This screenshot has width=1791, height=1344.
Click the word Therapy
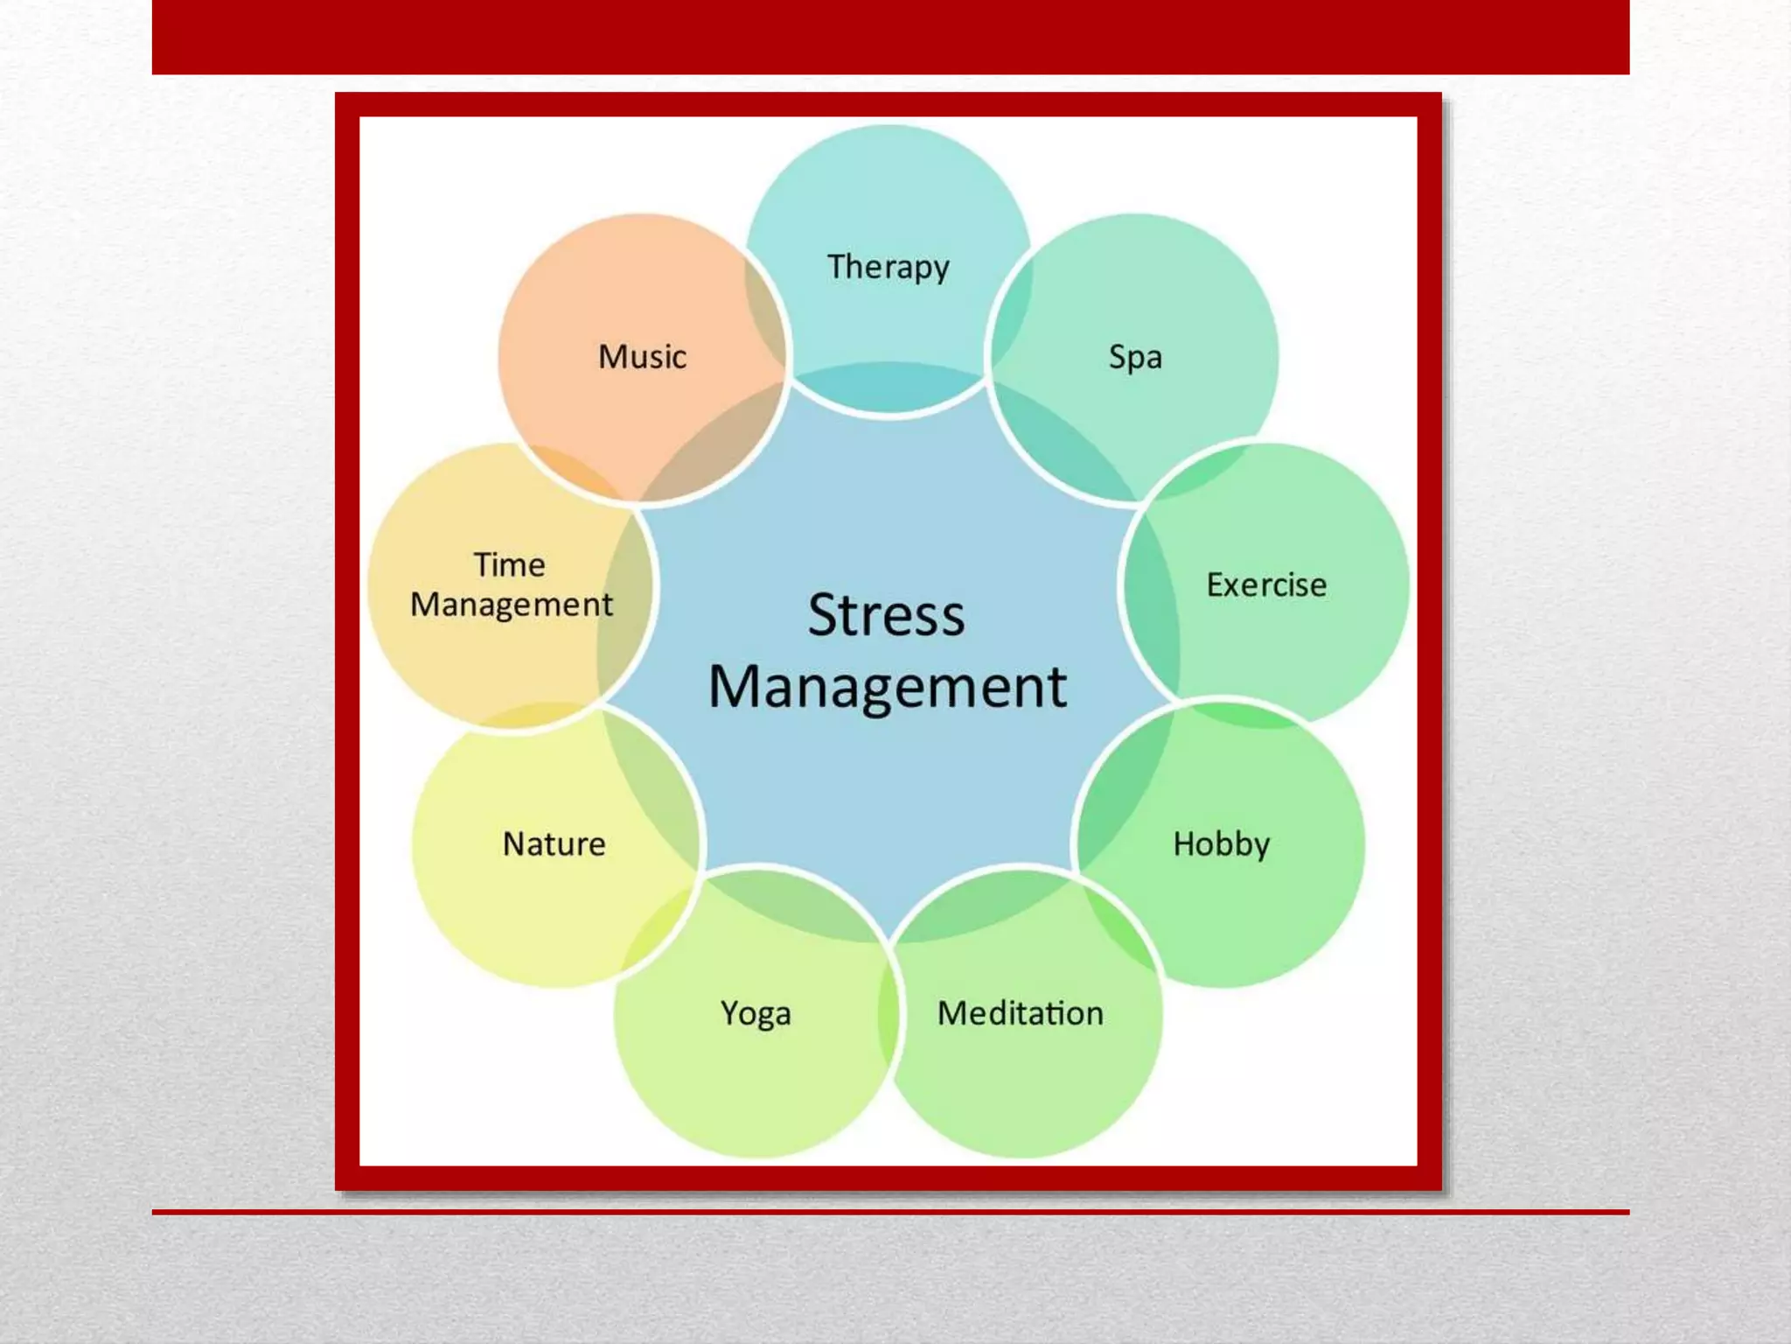(888, 267)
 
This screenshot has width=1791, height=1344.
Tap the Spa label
(1135, 357)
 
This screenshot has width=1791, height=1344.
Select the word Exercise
(1266, 584)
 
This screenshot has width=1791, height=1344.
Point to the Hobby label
(1221, 844)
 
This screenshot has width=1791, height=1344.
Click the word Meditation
(1021, 1013)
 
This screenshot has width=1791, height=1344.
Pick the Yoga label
(756, 1013)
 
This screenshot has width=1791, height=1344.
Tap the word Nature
(554, 844)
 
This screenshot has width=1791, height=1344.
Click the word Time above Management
(510, 565)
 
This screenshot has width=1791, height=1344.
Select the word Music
(642, 357)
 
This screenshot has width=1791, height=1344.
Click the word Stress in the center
(887, 614)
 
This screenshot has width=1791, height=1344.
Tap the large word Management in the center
(887, 687)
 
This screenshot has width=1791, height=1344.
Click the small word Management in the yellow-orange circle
(512, 605)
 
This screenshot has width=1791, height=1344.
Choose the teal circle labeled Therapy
(888, 192)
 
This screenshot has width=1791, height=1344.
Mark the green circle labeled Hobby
(1251, 919)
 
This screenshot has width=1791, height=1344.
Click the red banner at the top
(890, 37)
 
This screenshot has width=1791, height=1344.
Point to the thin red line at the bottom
(890, 1212)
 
